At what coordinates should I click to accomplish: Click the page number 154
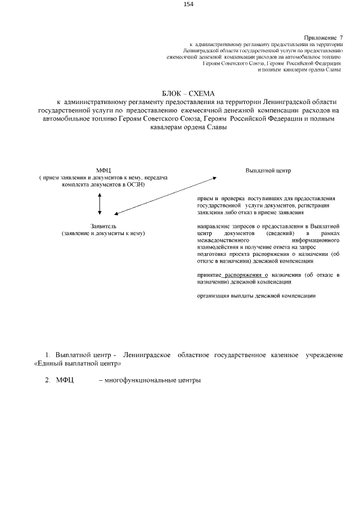coord(188,4)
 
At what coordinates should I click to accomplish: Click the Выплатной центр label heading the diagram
coord(268,170)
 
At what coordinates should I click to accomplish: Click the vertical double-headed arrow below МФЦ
coord(100,203)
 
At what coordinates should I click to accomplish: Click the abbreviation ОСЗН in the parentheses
coord(134,184)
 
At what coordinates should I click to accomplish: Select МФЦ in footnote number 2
coord(65,380)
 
